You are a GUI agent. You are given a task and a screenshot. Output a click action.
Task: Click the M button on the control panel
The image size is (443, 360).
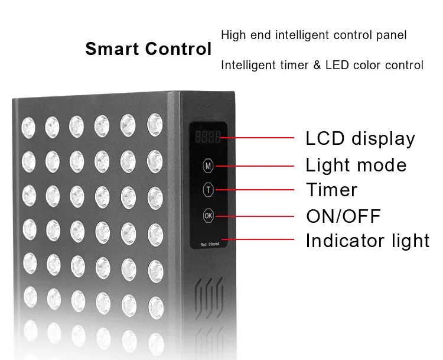pos(208,166)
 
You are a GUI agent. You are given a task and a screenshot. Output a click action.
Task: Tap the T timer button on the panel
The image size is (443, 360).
pos(208,190)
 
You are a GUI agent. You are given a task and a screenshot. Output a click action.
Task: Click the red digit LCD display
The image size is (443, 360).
pos(208,138)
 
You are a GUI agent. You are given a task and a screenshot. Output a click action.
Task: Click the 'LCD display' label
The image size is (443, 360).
pos(360,139)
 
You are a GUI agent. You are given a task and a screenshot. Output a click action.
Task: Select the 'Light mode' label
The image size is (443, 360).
pos(356,165)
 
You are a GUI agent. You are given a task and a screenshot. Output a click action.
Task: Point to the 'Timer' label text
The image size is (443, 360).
pos(331,190)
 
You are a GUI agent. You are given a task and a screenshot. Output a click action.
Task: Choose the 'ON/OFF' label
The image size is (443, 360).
pos(343,216)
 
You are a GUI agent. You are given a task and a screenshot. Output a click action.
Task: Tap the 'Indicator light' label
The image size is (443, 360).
pos(367,241)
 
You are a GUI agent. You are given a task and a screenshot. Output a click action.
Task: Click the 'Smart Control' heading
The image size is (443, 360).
pos(148,49)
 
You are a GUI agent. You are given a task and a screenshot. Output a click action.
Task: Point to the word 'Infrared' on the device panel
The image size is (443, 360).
pos(214,244)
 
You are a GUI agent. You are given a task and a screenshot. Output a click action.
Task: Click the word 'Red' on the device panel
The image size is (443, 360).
pos(203,244)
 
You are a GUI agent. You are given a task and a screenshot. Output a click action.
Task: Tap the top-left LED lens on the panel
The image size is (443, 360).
pos(28,125)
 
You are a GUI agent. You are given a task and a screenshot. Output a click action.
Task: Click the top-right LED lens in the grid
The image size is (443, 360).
pos(154,123)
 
